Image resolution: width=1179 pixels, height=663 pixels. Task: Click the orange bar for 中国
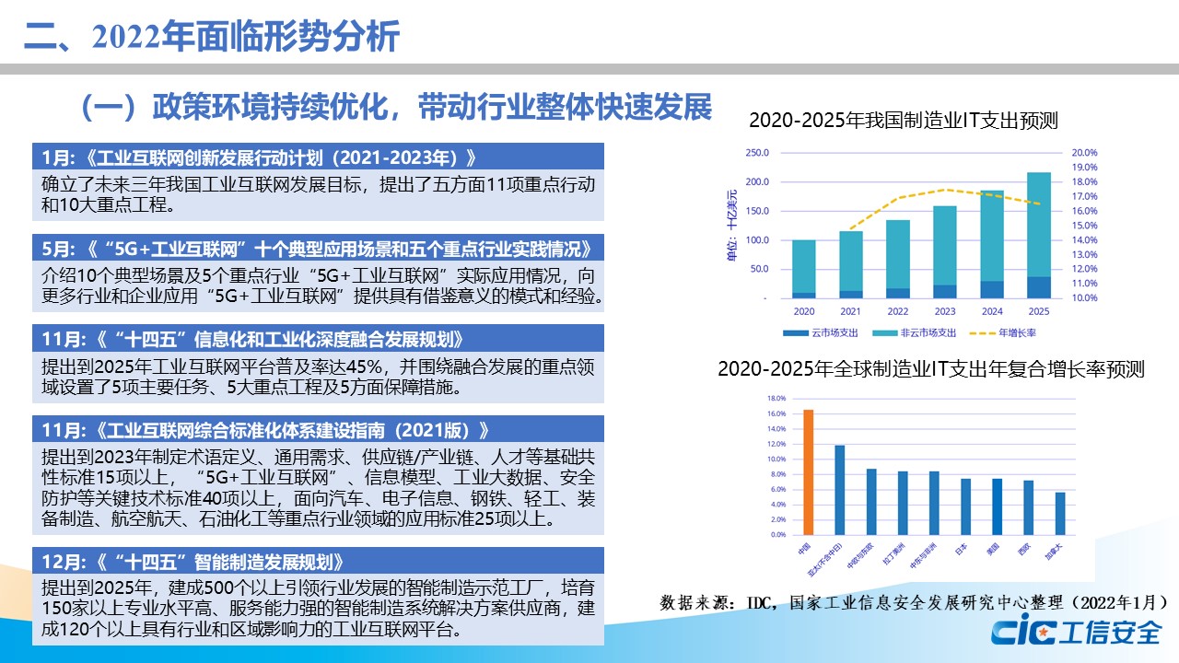tap(809, 471)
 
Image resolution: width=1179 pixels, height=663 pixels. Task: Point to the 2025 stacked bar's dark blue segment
tap(1039, 287)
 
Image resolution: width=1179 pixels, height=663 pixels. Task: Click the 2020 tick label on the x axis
tap(803, 310)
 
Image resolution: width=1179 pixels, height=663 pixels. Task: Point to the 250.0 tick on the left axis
tap(756, 153)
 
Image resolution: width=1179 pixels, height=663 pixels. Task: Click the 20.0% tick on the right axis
tap(1085, 153)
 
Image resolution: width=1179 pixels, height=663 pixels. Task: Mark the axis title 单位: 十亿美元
tap(732, 226)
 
